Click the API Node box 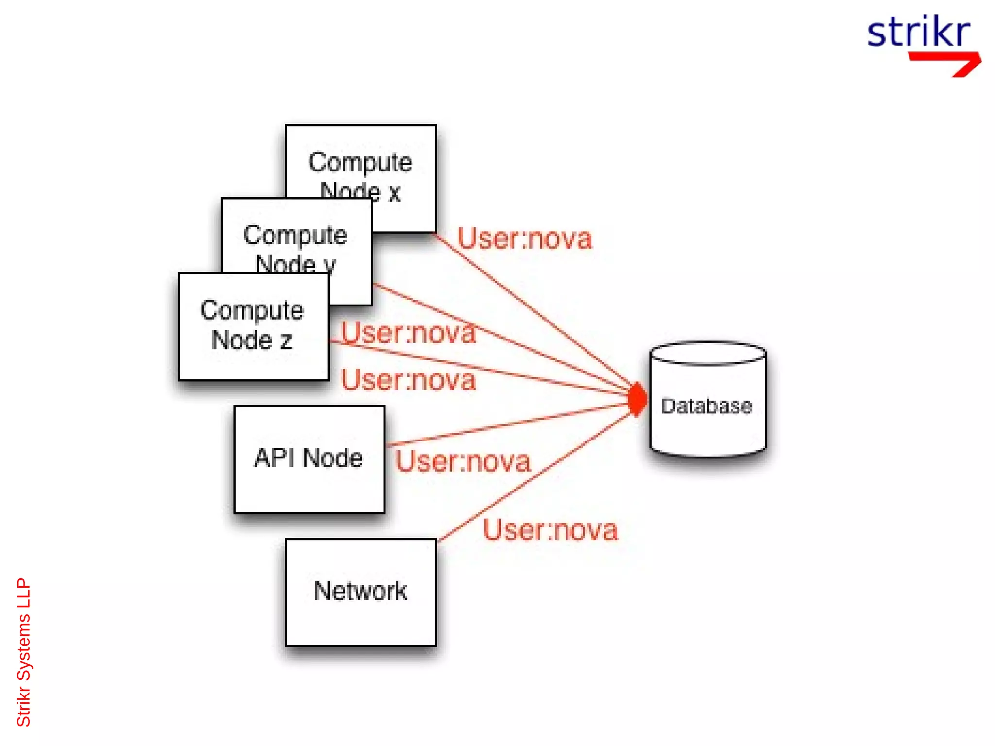pos(309,459)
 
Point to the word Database pos(706,406)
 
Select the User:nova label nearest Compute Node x pos(525,238)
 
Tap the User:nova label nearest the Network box pos(550,529)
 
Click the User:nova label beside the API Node pos(463,461)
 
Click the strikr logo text pos(918,32)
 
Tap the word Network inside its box pos(360,591)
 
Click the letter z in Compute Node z pos(286,340)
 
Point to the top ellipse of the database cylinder pos(707,353)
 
